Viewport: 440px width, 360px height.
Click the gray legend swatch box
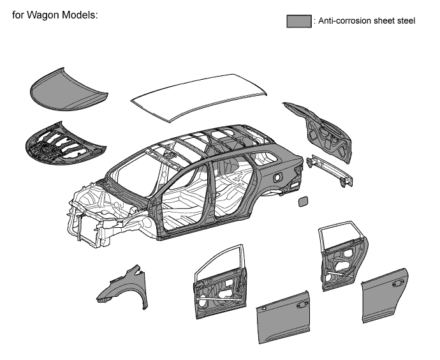pos(299,21)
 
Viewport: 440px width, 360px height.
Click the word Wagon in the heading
pos(43,15)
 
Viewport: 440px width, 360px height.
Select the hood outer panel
pos(68,90)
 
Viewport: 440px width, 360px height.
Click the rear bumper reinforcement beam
pos(330,170)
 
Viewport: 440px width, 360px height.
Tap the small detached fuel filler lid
pos(302,201)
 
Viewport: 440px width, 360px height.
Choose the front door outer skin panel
pos(283,317)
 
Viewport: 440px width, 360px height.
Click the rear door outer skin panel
pos(385,296)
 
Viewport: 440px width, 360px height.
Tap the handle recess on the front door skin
pos(302,304)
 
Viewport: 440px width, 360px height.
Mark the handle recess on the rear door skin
pos(398,283)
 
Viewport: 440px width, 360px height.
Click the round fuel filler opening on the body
pos(277,177)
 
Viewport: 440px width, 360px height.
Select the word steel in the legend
pos(407,21)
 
